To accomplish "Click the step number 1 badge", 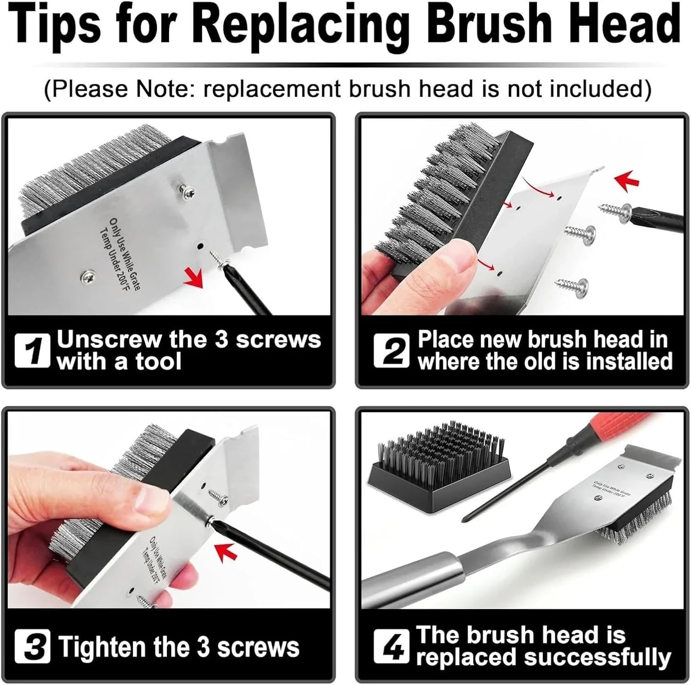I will click(x=32, y=351).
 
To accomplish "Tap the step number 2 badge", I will click(x=391, y=351).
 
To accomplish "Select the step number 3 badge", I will click(x=32, y=646).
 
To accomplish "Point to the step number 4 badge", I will click(x=391, y=646).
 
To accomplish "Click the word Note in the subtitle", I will click(x=157, y=88).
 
